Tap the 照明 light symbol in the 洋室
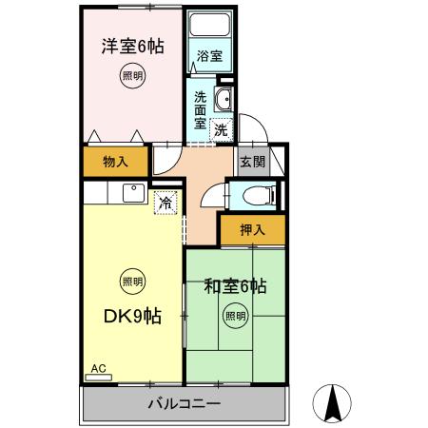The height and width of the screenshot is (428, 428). pyautogui.click(x=132, y=75)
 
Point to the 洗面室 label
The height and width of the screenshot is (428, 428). pyautogui.click(x=201, y=109)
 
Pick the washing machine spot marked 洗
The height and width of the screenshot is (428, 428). pyautogui.click(x=221, y=129)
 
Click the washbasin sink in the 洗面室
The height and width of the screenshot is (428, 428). pyautogui.click(x=224, y=101)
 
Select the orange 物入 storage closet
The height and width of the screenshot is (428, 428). pyautogui.click(x=115, y=161)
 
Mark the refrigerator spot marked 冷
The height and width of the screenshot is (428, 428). pyautogui.click(x=165, y=202)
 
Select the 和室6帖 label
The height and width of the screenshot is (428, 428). pyautogui.click(x=235, y=285)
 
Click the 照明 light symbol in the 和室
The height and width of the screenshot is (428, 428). pyautogui.click(x=235, y=315)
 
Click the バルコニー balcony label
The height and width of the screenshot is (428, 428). pyautogui.click(x=185, y=404)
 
